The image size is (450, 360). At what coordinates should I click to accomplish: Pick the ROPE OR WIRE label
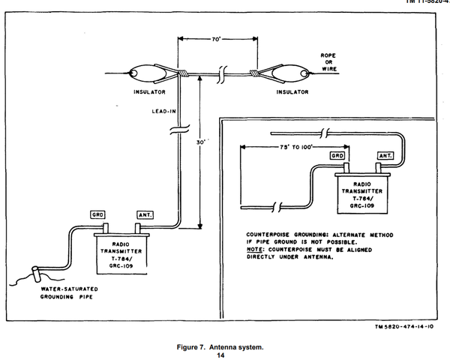328,61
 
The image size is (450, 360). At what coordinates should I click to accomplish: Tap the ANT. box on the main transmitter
144,214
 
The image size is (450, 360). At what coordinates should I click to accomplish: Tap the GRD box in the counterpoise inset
339,156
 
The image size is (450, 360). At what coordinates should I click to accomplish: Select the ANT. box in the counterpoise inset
383,156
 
